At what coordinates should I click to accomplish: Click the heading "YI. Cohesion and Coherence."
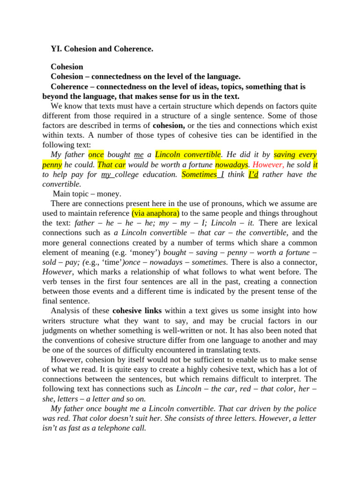pos(102,48)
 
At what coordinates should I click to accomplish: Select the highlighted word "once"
pos(96,154)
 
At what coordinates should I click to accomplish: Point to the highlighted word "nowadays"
pos(232,165)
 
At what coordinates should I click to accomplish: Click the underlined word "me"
pos(139,154)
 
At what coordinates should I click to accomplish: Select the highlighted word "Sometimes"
pos(199,174)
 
